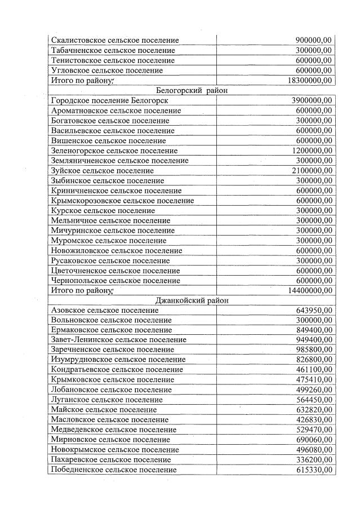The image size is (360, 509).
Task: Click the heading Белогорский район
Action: click(x=191, y=90)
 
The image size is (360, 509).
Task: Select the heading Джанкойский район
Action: click(x=192, y=300)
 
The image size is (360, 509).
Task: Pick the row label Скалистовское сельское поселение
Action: click(x=115, y=41)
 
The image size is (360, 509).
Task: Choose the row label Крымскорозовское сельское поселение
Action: click(x=122, y=201)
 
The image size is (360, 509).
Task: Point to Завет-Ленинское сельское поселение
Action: click(x=118, y=340)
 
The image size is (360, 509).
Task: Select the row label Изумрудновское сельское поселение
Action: click(x=118, y=360)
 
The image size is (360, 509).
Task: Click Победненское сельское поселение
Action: click(x=114, y=470)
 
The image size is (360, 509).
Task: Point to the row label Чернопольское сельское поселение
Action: click(x=115, y=280)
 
